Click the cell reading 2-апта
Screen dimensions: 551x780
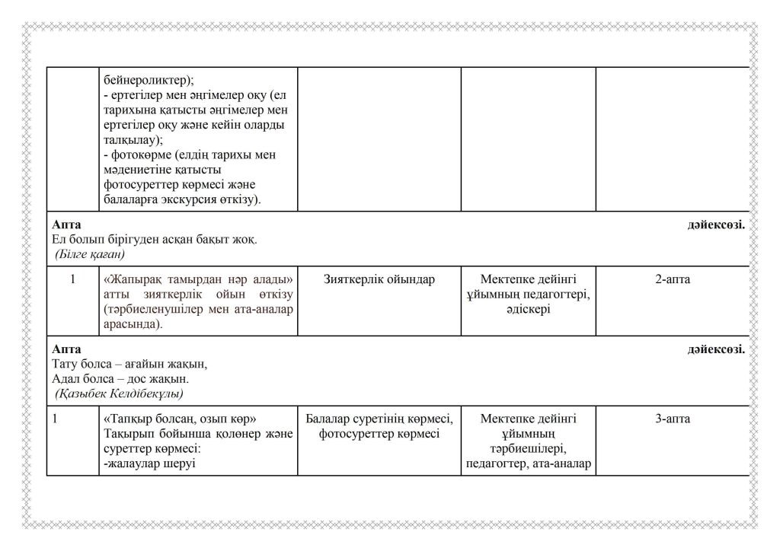pyautogui.click(x=672, y=279)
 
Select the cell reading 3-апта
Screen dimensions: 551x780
pyautogui.click(x=672, y=419)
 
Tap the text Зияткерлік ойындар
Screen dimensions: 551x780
pyautogui.click(x=379, y=279)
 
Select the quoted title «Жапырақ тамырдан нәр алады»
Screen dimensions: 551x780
pyautogui.click(x=198, y=279)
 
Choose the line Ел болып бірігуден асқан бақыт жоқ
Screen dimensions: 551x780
pyautogui.click(x=154, y=239)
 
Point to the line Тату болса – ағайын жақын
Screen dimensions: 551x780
pyautogui.click(x=129, y=364)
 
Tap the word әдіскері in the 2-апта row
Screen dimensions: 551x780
pyautogui.click(x=528, y=310)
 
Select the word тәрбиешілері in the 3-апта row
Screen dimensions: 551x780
pyautogui.click(x=528, y=449)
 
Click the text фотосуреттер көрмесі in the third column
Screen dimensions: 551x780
pyautogui.click(x=379, y=434)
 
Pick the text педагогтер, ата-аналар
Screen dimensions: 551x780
pyautogui.click(x=528, y=464)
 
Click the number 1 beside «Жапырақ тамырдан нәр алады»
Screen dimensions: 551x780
pyautogui.click(x=72, y=279)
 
